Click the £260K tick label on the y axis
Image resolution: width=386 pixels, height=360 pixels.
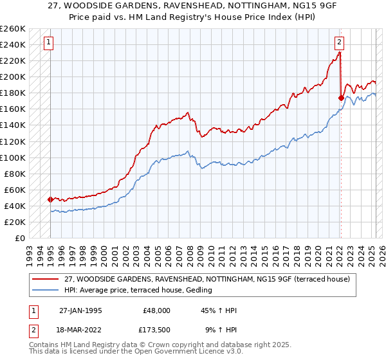[13, 29]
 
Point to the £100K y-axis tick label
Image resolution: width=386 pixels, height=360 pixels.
[13, 157]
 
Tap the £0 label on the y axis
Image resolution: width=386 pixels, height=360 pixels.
[19, 239]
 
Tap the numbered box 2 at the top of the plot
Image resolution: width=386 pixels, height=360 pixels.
[339, 43]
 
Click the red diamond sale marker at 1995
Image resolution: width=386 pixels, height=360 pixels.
[50, 199]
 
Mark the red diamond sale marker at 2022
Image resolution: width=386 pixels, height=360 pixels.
[341, 98]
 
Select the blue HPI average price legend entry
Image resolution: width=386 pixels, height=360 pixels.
[139, 291]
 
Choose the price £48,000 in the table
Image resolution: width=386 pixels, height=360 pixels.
[157, 310]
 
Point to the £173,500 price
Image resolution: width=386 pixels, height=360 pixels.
[157, 330]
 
